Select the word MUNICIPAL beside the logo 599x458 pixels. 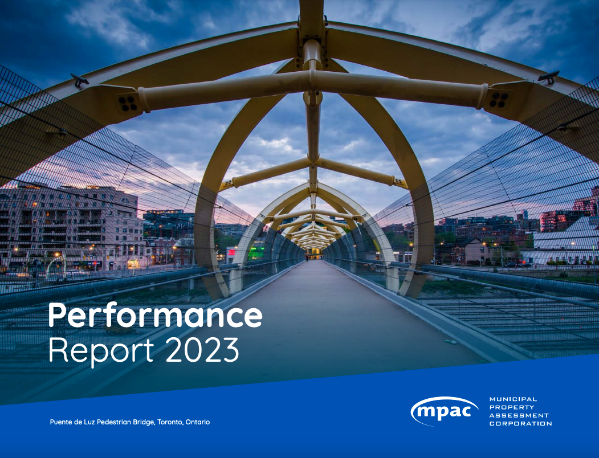tap(513, 399)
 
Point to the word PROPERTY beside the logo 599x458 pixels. tap(512, 407)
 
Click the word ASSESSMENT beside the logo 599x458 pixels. tap(519, 415)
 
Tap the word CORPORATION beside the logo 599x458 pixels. tap(520, 423)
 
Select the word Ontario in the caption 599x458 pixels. tap(198, 422)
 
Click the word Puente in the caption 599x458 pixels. tap(62, 422)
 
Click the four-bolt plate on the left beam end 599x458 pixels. tap(128, 103)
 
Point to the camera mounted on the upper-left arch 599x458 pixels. tap(80, 81)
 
